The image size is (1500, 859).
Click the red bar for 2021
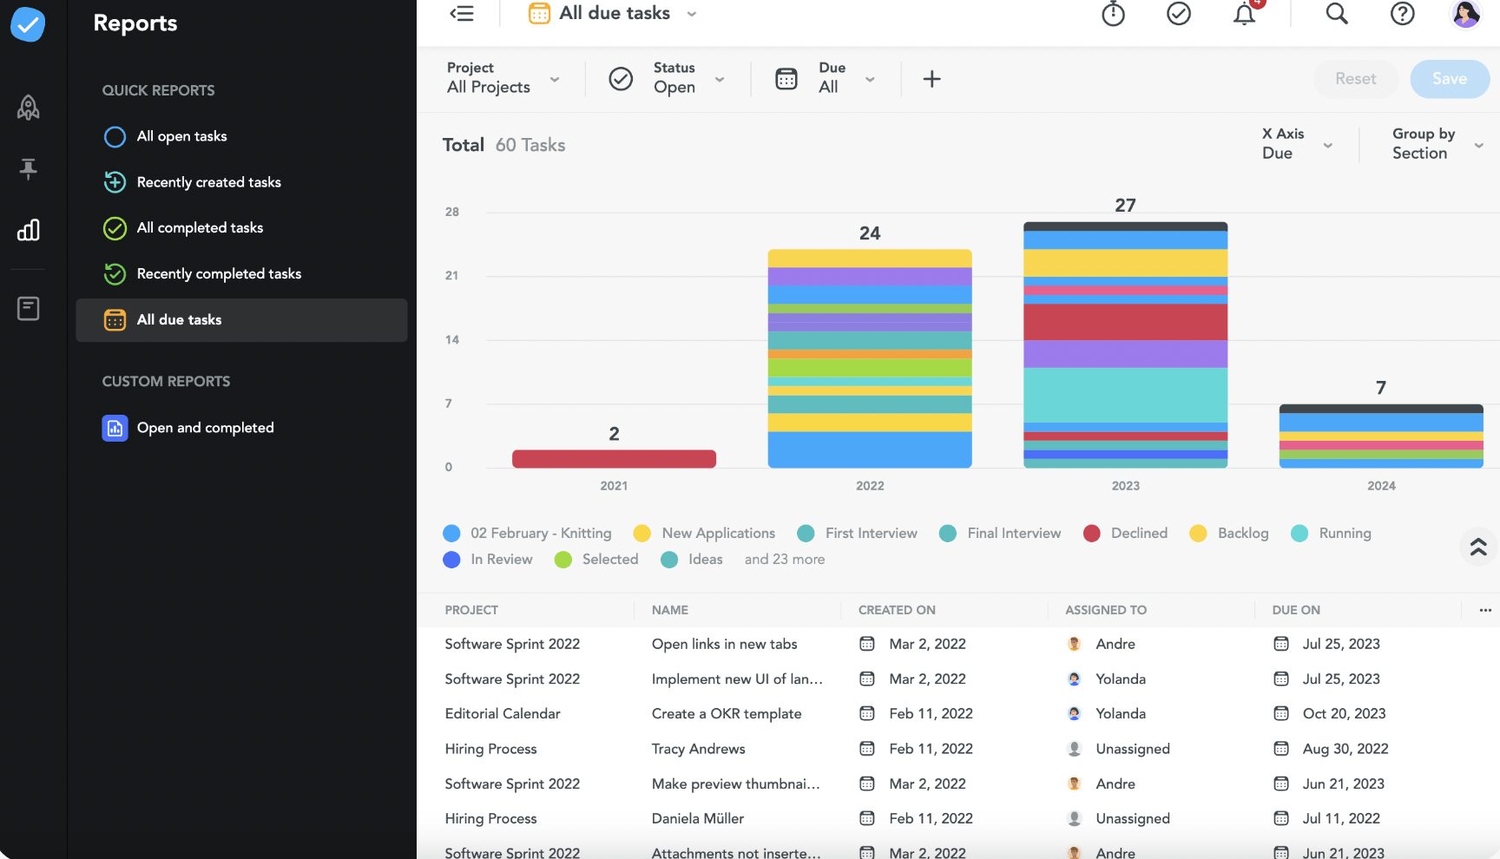tap(614, 458)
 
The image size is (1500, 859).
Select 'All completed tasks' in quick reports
tap(200, 228)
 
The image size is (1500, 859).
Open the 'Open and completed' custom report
tap(205, 428)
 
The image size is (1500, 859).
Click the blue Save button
tap(1449, 79)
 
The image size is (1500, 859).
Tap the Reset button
tap(1355, 79)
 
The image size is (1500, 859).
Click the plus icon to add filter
tap(931, 79)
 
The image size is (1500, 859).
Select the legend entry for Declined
tap(1138, 533)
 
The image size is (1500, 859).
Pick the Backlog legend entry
tap(1242, 533)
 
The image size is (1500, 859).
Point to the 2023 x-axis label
tap(1125, 486)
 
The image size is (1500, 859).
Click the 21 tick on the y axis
tap(451, 276)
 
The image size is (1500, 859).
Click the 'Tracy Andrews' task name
tap(698, 749)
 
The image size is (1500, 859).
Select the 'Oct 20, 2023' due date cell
tap(1343, 713)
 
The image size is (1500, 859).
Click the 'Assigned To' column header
tap(1105, 610)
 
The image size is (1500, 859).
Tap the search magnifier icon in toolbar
tap(1336, 14)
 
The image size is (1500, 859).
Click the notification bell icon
tap(1244, 14)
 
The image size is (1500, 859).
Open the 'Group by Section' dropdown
tap(1437, 144)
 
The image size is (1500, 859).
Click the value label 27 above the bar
tap(1125, 206)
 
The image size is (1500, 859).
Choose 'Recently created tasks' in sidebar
tap(208, 182)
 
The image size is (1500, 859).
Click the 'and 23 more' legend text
tap(784, 560)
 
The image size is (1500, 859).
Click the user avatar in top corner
tap(1465, 14)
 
